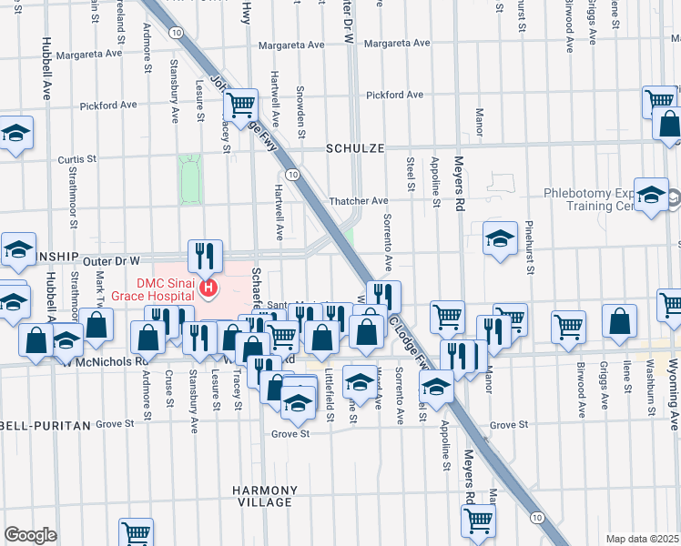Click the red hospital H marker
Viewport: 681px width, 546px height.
click(208, 288)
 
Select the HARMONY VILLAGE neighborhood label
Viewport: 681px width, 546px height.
click(262, 496)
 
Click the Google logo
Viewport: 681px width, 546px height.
click(30, 534)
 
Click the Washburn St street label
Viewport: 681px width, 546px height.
click(650, 387)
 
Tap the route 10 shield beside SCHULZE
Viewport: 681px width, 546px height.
click(290, 173)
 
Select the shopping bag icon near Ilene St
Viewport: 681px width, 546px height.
click(619, 320)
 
